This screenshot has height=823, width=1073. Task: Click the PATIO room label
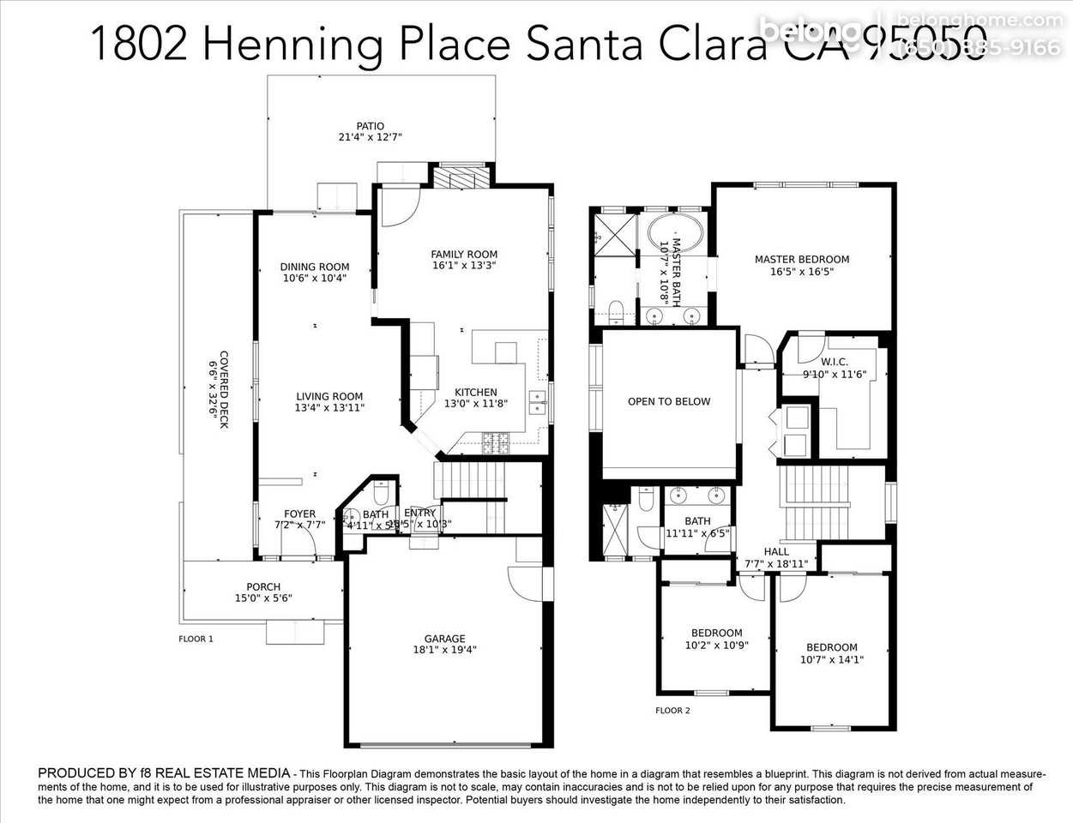pyautogui.click(x=371, y=126)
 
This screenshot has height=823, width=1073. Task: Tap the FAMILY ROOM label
pyautogui.click(x=464, y=254)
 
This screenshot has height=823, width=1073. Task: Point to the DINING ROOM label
pyautogui.click(x=315, y=267)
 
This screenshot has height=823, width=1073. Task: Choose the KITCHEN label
pyautogui.click(x=476, y=393)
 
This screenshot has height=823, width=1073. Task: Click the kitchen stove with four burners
pyautogui.click(x=497, y=443)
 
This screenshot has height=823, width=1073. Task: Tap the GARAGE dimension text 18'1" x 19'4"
pyautogui.click(x=444, y=650)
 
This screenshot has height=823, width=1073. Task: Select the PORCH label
pyautogui.click(x=263, y=587)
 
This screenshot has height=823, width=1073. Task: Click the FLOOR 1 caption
pyautogui.click(x=196, y=639)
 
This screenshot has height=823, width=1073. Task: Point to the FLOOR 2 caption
pyautogui.click(x=672, y=710)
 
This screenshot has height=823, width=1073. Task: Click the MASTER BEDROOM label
pyautogui.click(x=802, y=260)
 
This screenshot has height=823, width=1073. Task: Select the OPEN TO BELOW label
pyautogui.click(x=669, y=401)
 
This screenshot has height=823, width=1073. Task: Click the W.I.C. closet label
pyautogui.click(x=834, y=362)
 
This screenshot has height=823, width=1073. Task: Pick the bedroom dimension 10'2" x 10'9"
pyautogui.click(x=716, y=646)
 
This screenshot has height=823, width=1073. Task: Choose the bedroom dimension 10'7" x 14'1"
pyautogui.click(x=831, y=659)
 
